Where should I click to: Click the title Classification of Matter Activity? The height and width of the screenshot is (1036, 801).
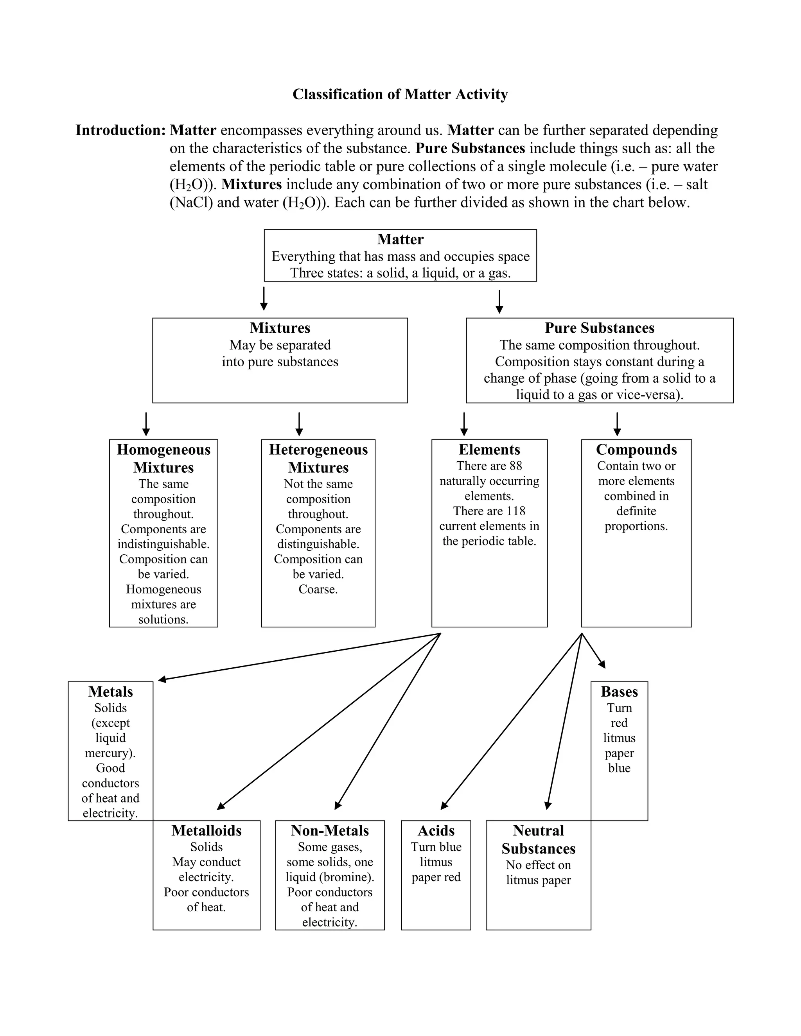(400, 94)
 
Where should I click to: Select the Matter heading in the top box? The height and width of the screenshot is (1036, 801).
(400, 239)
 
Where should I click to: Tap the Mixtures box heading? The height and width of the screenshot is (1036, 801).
(280, 328)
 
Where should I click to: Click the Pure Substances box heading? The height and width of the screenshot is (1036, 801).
(599, 328)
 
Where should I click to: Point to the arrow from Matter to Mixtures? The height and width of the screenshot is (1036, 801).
(264, 298)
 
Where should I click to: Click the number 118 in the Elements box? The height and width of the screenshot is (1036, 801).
(515, 511)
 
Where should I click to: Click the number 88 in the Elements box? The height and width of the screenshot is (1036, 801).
(515, 466)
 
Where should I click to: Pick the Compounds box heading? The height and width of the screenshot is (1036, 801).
(636, 450)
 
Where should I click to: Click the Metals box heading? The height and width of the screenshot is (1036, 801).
(111, 692)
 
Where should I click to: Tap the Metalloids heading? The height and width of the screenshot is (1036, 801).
(207, 831)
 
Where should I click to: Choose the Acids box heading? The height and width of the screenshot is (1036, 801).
(436, 831)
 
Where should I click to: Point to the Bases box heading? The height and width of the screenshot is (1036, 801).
(619, 692)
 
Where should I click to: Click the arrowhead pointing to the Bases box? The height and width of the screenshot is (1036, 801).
(603, 665)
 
